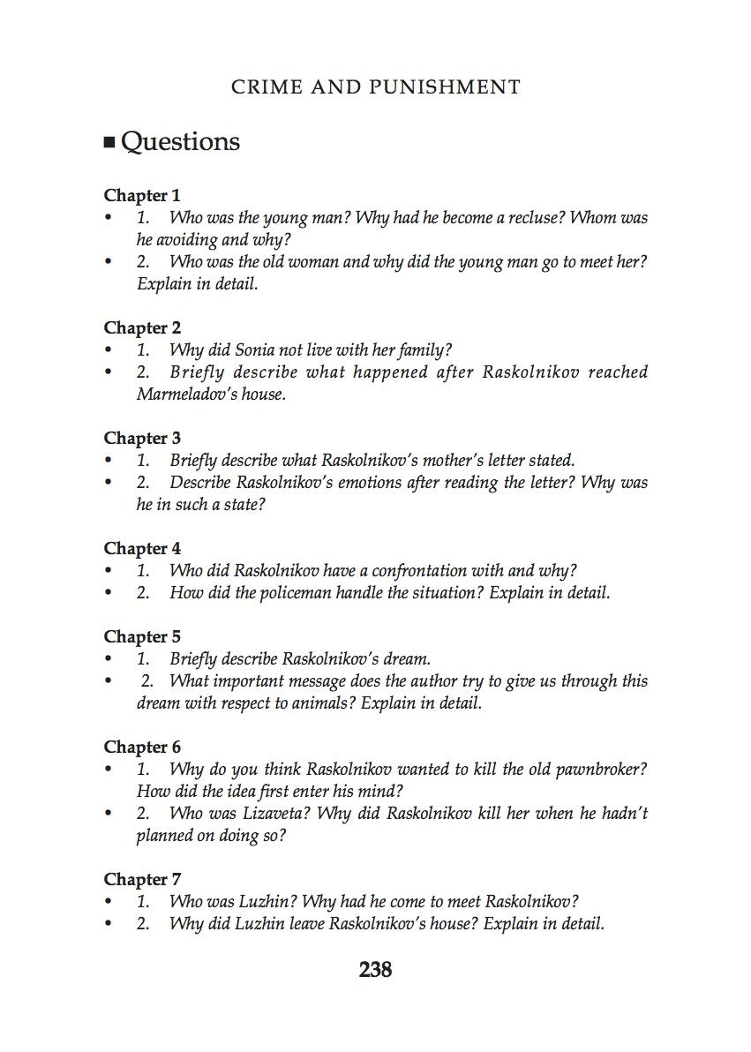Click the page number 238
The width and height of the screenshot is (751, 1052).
375,970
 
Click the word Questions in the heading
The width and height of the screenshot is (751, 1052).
180,142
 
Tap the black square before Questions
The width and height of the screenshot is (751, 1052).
109,143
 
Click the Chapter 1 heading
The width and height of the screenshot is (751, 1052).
141,195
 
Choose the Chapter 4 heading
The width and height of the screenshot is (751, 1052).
142,548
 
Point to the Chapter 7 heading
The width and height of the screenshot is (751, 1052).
142,879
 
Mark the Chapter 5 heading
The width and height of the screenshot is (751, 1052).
142,636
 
